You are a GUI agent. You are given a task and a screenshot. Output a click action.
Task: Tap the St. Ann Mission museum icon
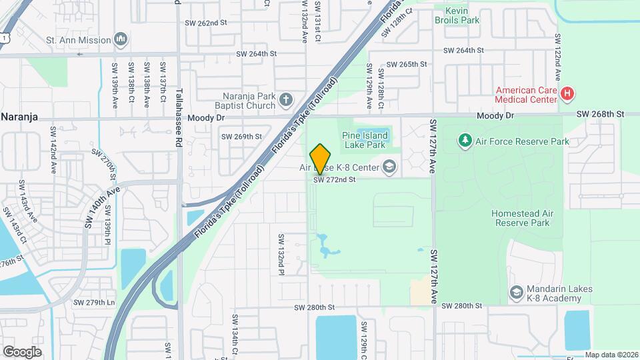coord(121,40)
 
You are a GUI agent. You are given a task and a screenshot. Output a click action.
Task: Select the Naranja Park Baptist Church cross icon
coord(286,101)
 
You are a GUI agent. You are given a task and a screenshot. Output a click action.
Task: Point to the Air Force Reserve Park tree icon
coord(465,141)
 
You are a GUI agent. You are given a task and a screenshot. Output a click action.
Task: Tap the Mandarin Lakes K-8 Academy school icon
coord(516,292)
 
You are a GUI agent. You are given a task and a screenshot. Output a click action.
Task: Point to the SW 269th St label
coord(241,137)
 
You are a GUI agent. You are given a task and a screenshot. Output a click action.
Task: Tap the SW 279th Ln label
coord(94,302)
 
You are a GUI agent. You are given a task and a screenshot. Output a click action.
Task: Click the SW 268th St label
coord(599,114)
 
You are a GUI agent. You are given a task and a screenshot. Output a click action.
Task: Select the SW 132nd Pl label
coord(281,255)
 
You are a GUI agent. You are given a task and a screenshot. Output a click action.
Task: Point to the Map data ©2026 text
coord(611,355)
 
